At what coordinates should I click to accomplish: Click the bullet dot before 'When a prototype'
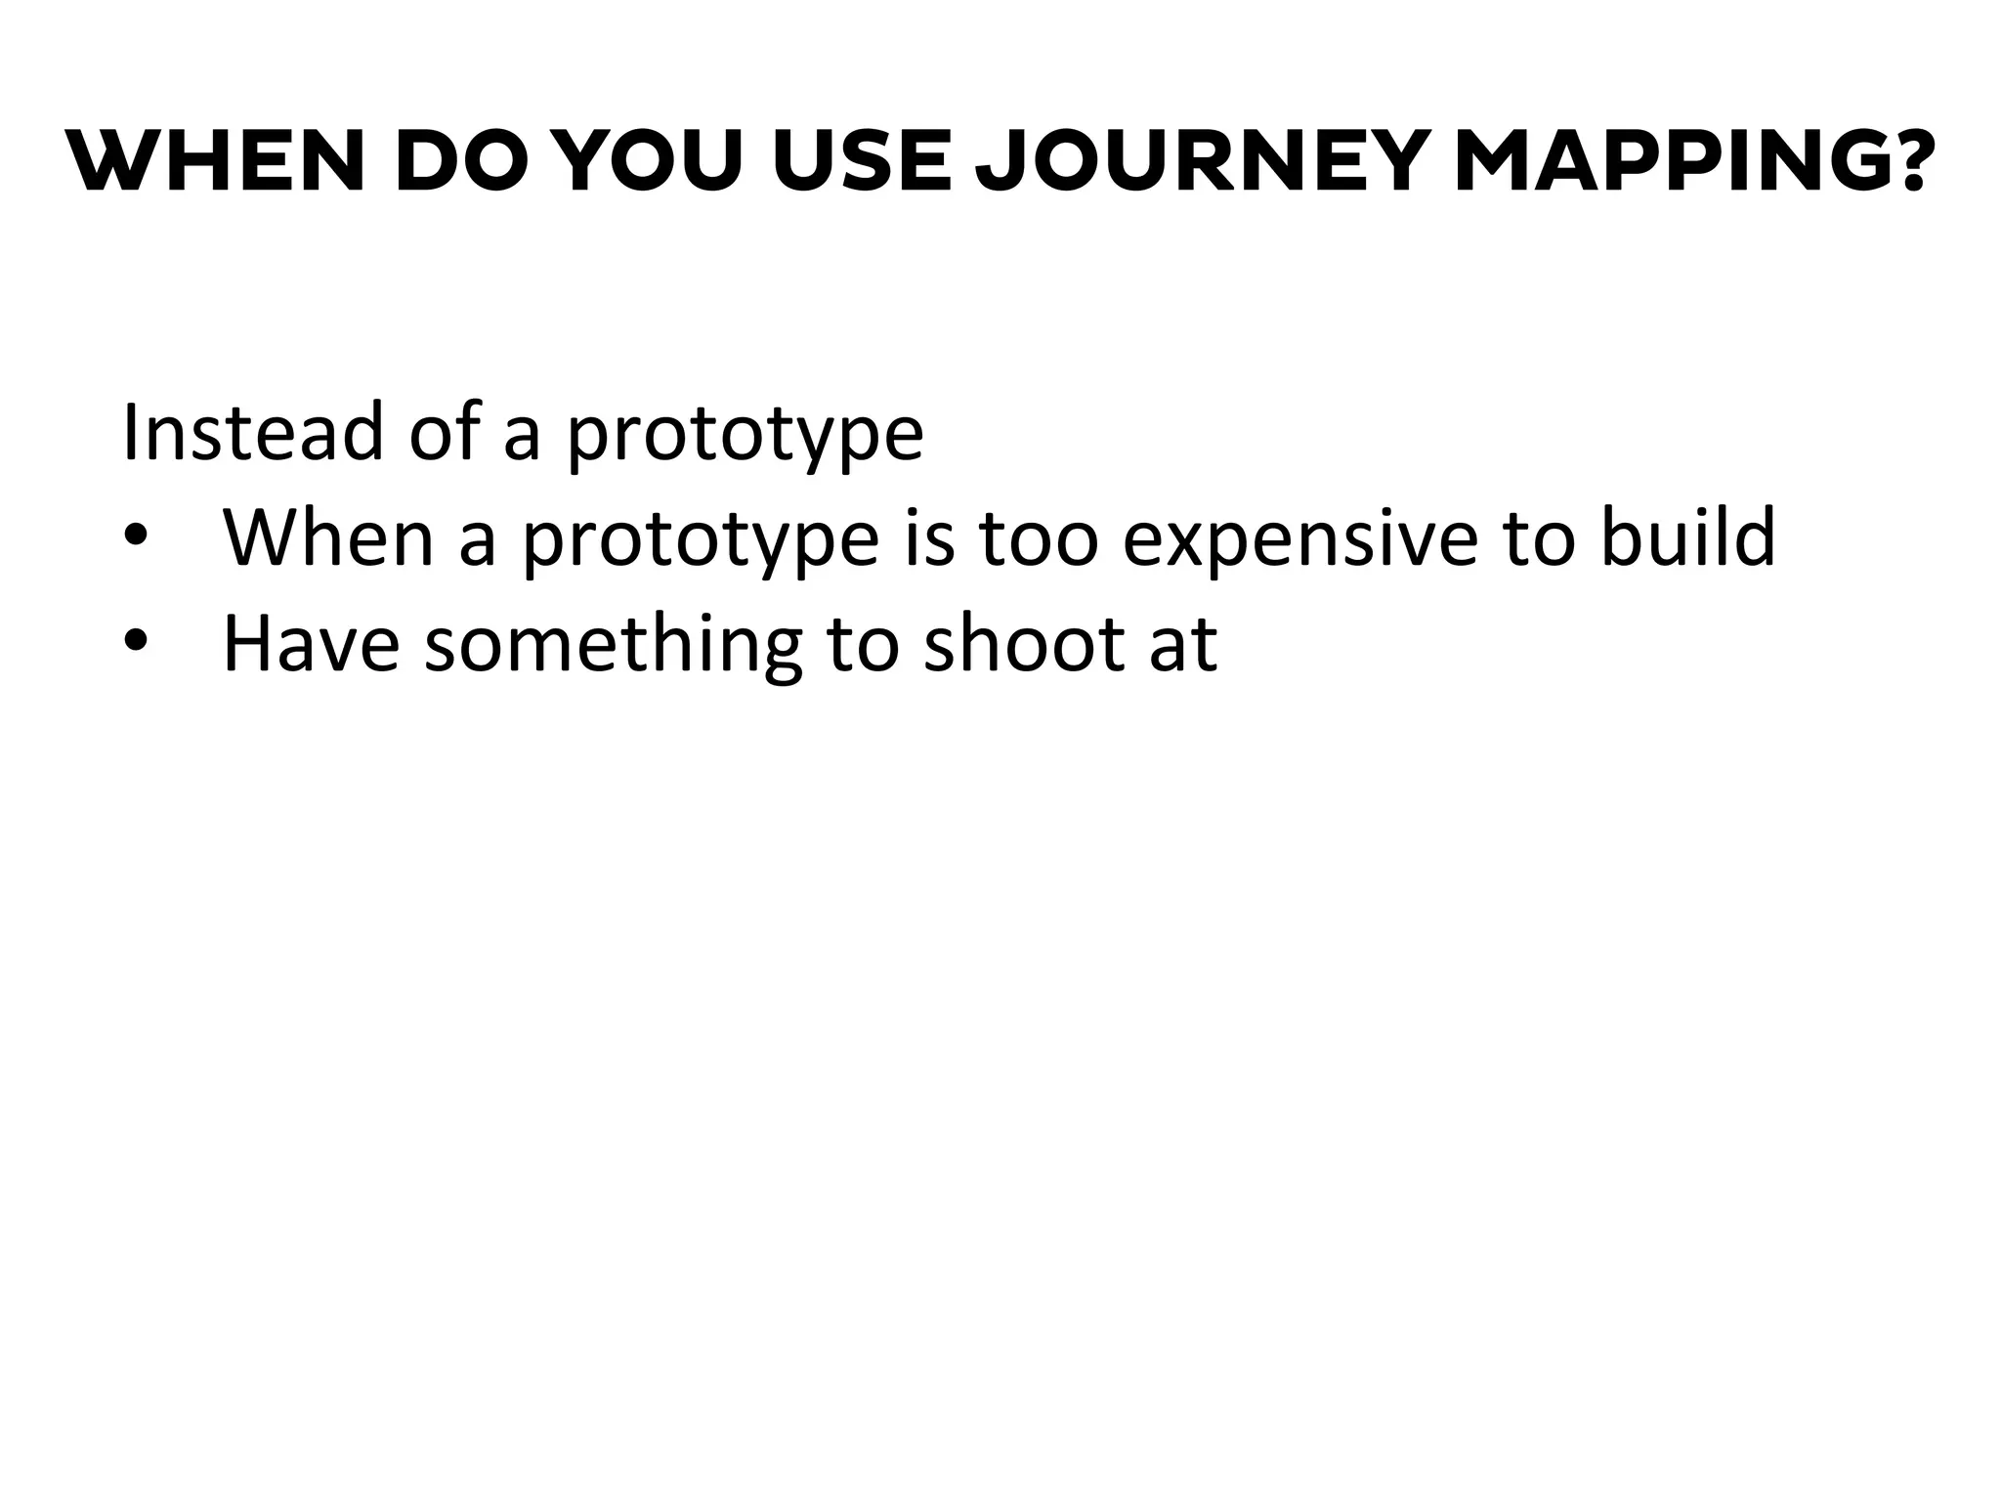pos(137,538)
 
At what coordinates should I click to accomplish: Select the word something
pos(613,647)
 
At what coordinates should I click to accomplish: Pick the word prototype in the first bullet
pos(701,540)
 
